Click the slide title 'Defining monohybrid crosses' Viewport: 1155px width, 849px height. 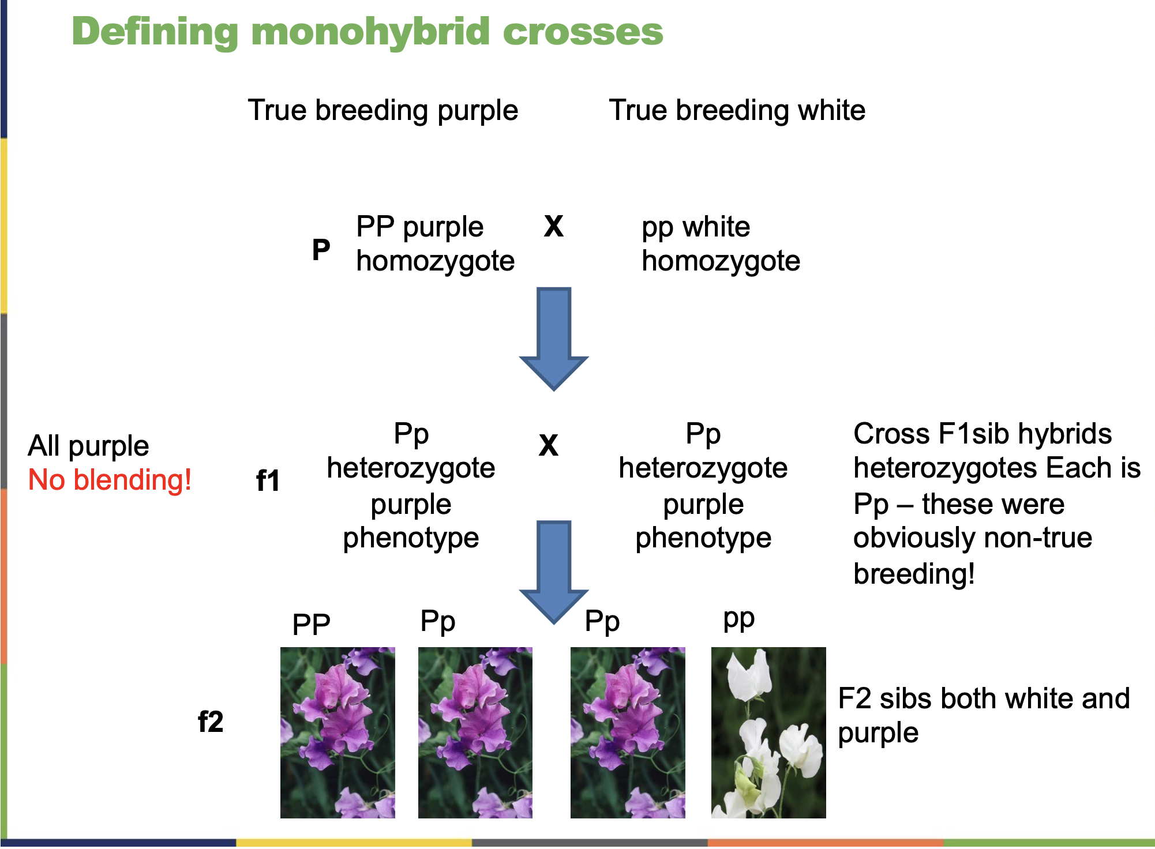367,32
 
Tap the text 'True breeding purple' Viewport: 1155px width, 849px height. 382,110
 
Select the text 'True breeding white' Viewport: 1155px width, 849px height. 737,110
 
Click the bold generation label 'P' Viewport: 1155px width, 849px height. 321,250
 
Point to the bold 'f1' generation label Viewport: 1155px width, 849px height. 268,480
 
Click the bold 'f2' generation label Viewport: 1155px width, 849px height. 210,722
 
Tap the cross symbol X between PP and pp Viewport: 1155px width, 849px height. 553,226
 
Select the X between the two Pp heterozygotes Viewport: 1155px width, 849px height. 548,445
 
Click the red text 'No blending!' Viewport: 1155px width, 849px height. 110,480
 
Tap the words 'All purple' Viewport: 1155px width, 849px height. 88,446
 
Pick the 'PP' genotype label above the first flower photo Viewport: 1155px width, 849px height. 311,625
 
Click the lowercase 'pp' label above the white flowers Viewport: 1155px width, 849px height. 738,620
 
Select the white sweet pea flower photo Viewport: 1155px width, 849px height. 768,732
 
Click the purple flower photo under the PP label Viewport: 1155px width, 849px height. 337,732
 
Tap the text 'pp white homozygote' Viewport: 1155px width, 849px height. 721,244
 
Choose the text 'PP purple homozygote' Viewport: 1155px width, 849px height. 435,244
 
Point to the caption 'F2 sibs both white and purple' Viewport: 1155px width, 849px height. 983,715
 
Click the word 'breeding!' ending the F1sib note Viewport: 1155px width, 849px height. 914,574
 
